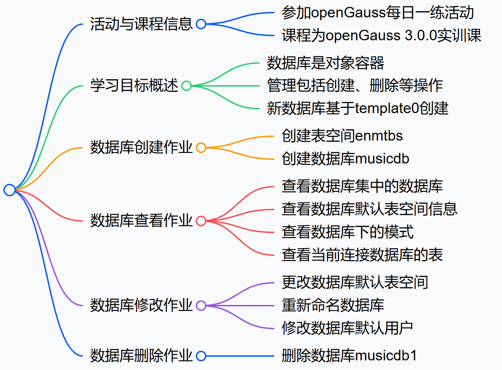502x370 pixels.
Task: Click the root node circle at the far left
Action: pyautogui.click(x=10, y=190)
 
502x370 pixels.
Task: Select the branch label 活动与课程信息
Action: pyautogui.click(x=141, y=24)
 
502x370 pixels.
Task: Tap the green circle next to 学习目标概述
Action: pyautogui.click(x=186, y=86)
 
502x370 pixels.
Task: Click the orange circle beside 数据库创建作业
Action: pyautogui.click(x=201, y=147)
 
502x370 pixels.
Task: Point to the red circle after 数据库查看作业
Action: pyautogui.click(x=201, y=221)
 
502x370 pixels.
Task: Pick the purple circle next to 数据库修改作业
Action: pyautogui.click(x=201, y=305)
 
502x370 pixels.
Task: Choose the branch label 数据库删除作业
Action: pyautogui.click(x=141, y=355)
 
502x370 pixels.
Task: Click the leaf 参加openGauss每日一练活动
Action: pyautogui.click(x=377, y=13)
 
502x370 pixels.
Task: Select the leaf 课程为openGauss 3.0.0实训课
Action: pyautogui.click(x=381, y=36)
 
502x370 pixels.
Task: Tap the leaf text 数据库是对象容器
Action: pyautogui.click(x=325, y=63)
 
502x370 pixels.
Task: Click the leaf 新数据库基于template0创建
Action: pyautogui.click(x=357, y=108)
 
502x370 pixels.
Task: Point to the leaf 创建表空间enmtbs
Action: pyautogui.click(x=342, y=136)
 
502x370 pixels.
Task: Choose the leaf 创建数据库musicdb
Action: pyautogui.click(x=345, y=158)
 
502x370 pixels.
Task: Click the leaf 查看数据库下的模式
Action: pyautogui.click(x=348, y=232)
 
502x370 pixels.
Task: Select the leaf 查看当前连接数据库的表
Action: pyautogui.click(x=362, y=255)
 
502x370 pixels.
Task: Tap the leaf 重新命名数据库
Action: pyautogui.click(x=333, y=305)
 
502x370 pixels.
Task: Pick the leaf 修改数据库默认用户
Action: pyautogui.click(x=348, y=328)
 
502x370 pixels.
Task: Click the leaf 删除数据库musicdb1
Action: pyautogui.click(x=349, y=355)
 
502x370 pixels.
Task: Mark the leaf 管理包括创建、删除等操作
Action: pyautogui.click(x=355, y=85)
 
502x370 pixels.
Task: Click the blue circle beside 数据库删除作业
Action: pyautogui.click(x=201, y=356)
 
